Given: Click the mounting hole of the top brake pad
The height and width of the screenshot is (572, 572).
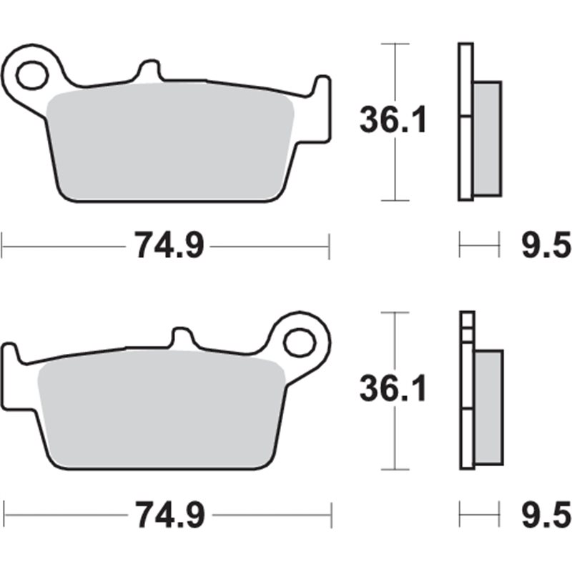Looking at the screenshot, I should (x=31, y=74).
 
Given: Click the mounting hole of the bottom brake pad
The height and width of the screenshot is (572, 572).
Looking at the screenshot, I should (x=300, y=342).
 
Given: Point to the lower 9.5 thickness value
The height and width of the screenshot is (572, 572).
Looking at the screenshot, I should (x=543, y=513).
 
